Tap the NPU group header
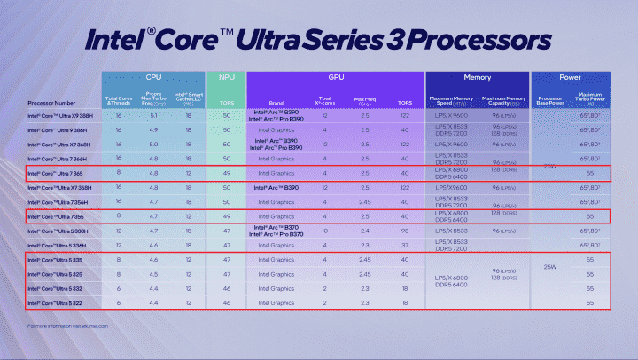227,79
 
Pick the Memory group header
479,79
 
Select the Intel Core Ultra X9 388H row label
61,116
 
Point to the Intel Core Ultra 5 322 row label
55,302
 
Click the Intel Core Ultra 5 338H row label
58,231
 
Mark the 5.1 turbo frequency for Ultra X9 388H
154,116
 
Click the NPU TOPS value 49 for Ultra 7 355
227,216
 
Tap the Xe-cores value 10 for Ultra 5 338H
325,231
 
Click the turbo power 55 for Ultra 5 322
589,302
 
